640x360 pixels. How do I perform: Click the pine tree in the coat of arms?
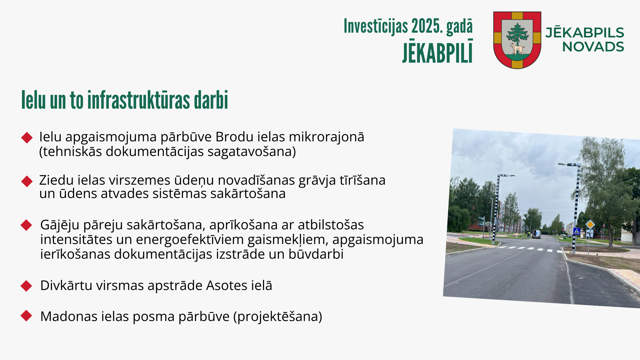(517, 33)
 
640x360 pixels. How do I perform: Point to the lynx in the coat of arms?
(517, 49)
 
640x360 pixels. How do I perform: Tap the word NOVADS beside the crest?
(593, 47)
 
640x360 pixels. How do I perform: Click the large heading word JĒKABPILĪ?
(437, 51)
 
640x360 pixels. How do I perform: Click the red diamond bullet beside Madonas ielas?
(26, 316)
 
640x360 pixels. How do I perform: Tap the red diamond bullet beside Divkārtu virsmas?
(26, 286)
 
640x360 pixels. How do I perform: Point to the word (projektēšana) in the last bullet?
(278, 317)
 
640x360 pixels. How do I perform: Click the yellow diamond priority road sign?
(590, 224)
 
